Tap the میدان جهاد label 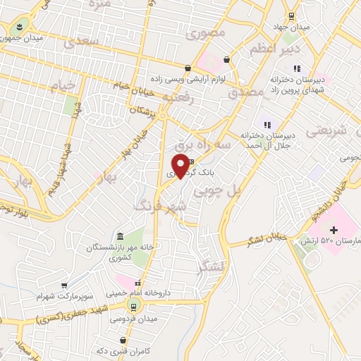(x=290, y=27)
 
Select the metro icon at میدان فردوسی (x=132, y=306)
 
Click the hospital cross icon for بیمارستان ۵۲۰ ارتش (x=334, y=230)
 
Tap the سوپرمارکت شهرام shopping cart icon (x=65, y=286)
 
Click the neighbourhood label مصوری (x=209, y=33)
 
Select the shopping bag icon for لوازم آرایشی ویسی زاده (x=188, y=68)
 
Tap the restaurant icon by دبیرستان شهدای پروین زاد (x=297, y=68)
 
